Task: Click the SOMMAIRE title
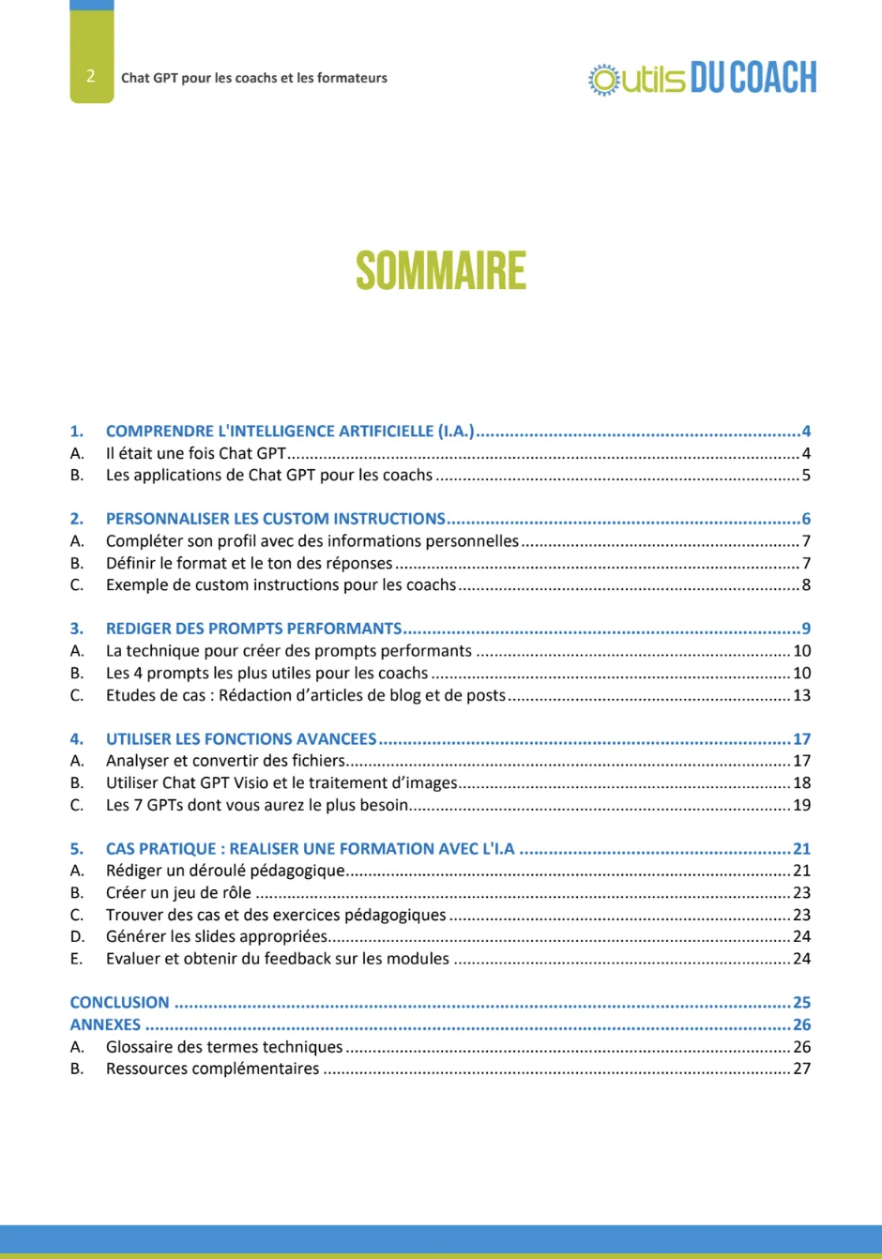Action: tap(441, 271)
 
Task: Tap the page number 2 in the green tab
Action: tap(90, 77)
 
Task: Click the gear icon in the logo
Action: tap(604, 80)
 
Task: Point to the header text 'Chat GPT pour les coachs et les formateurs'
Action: tap(254, 78)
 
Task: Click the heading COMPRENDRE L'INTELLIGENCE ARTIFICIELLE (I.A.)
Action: tap(290, 432)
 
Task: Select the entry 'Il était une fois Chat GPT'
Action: tap(196, 453)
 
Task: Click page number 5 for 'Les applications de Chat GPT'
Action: tap(805, 476)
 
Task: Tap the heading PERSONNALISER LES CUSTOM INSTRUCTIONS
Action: tap(276, 519)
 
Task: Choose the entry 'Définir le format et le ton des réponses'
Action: tap(250, 564)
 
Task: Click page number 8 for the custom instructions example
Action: tap(805, 585)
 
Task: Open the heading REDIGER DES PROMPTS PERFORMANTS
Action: tap(253, 629)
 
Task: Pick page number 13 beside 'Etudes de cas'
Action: tap(801, 695)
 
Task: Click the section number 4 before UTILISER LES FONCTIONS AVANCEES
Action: tap(76, 739)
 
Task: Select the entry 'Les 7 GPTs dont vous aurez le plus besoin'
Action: tap(257, 805)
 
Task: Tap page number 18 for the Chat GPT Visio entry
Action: tap(801, 783)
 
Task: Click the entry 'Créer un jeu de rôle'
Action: tap(178, 893)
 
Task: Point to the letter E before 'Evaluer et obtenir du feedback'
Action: tap(76, 959)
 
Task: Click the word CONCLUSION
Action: tap(119, 1003)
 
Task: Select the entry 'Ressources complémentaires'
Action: tap(212, 1069)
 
